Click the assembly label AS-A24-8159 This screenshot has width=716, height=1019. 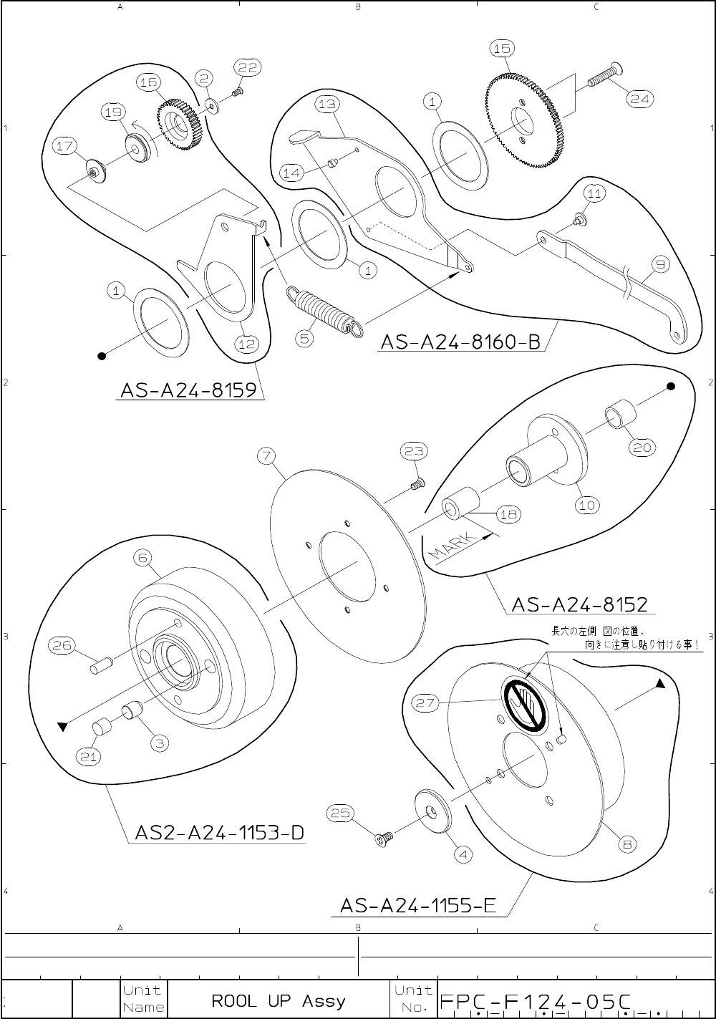pos(188,390)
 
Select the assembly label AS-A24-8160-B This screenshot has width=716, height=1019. pos(460,342)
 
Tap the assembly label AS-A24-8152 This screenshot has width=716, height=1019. pos(579,604)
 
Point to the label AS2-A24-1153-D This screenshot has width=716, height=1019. pos(219,833)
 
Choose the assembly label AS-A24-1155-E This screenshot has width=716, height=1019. pos(418,906)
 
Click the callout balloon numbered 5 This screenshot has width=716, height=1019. pos(306,338)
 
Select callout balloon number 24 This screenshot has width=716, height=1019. pos(639,100)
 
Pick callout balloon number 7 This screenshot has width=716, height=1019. pos(266,455)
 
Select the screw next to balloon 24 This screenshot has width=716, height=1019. pos(604,77)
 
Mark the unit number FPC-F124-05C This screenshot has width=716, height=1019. pos(535,1000)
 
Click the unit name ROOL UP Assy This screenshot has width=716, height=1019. pos(279,1000)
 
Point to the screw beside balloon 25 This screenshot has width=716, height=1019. pos(385,836)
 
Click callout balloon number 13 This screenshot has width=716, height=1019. pos(326,104)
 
